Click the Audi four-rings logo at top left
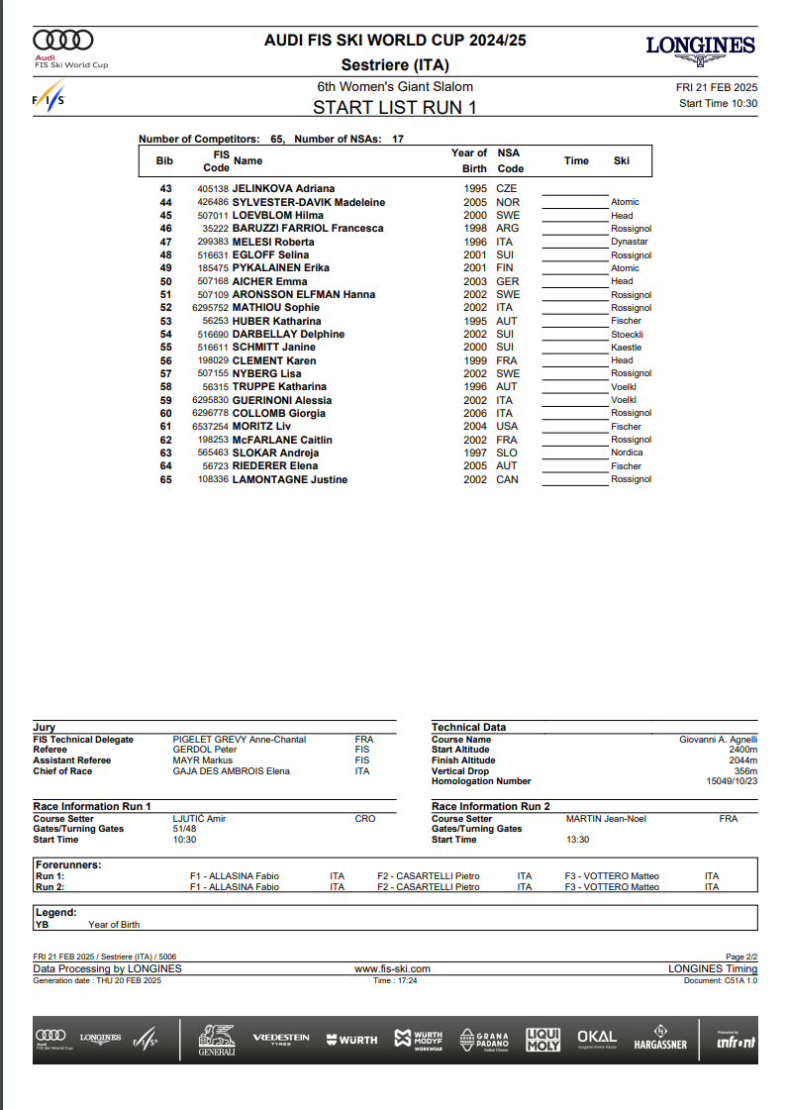click(63, 40)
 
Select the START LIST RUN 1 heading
click(394, 107)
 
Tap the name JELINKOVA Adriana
click(283, 188)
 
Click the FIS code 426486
click(213, 202)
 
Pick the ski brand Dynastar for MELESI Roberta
click(630, 242)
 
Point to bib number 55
click(165, 348)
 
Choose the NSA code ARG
click(506, 229)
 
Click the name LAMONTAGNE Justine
click(289, 479)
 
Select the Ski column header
click(622, 160)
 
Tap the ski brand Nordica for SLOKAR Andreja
click(627, 453)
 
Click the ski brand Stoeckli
click(628, 334)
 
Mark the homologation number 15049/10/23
click(733, 781)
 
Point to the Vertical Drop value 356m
click(744, 771)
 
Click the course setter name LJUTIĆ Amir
click(199, 819)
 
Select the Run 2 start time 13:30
click(577, 840)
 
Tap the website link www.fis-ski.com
click(393, 968)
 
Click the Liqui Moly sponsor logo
click(542, 1038)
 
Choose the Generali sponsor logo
click(217, 1039)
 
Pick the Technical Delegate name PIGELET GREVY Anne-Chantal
click(239, 740)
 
